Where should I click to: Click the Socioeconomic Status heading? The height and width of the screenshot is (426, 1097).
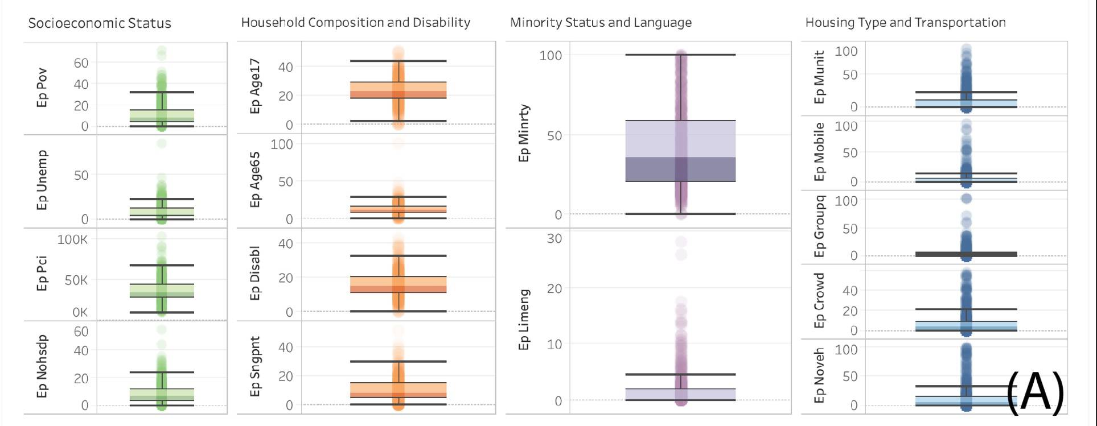coord(100,23)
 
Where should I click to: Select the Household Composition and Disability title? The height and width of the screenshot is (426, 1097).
coord(355,23)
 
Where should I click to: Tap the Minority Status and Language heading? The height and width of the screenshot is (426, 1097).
coord(601,23)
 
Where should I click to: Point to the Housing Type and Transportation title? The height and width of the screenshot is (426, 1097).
coord(905,23)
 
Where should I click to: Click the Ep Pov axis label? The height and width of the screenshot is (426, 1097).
coord(42,88)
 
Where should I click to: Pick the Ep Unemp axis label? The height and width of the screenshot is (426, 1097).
coord(42,180)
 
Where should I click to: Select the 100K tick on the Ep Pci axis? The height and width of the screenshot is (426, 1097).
coord(73,239)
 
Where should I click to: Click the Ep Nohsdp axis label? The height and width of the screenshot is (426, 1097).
coord(42,366)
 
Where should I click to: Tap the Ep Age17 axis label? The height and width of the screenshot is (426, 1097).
coord(255,86)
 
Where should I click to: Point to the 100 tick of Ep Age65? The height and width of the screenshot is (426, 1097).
coord(282,144)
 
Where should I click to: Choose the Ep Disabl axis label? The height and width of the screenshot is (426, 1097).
coord(255,273)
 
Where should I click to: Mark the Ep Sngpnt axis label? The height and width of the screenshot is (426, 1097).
coord(255,366)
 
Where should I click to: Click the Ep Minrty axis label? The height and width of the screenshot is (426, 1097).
coord(524,133)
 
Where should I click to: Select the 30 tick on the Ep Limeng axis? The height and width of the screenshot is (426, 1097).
coord(554,239)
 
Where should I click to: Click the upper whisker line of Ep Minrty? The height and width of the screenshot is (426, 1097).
coord(680,55)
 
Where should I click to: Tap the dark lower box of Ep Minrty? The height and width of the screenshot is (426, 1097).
coord(680,169)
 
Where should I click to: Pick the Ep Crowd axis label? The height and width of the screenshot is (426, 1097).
coord(819,300)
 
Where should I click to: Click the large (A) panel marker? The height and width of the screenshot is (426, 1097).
coord(1034,392)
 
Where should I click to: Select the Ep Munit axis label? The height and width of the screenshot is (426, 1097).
coord(819,77)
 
